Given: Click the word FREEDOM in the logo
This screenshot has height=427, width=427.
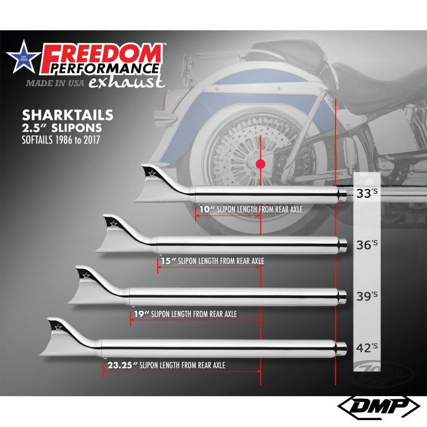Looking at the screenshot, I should [102, 55].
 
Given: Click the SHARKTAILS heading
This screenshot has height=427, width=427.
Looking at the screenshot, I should [68, 115].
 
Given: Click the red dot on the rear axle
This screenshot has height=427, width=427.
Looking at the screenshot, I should [261, 164].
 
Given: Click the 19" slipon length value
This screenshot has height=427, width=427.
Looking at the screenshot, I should [140, 313].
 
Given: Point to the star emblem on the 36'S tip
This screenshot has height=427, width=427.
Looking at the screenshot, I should [113, 223].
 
